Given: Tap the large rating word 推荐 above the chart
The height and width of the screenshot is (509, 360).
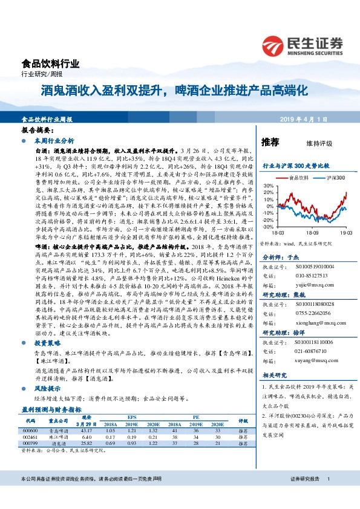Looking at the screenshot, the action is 270,143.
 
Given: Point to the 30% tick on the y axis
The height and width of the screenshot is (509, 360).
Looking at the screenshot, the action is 267,186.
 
